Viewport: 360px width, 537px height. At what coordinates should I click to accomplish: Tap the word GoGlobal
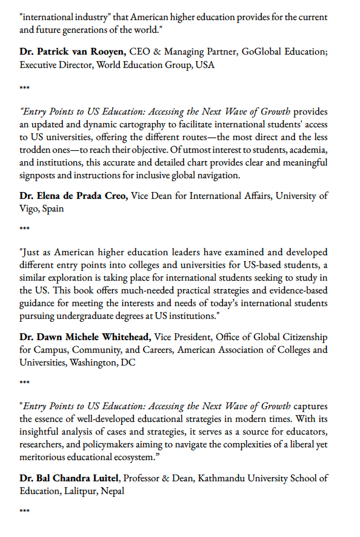(262, 52)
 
